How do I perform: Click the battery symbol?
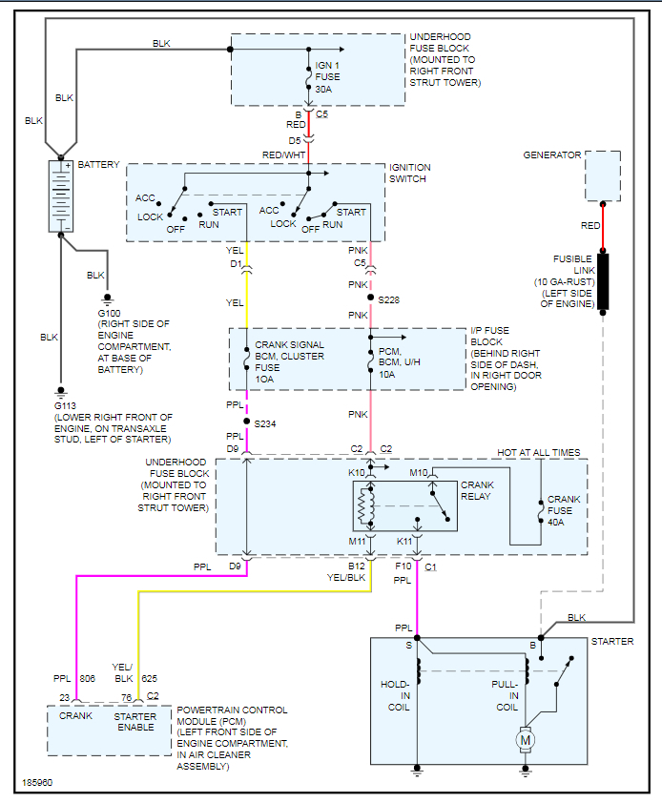click(x=60, y=196)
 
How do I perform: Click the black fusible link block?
click(x=603, y=280)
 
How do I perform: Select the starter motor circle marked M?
click(x=526, y=739)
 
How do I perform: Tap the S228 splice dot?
click(x=370, y=298)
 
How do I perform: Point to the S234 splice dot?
click(x=246, y=422)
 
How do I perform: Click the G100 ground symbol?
click(x=107, y=299)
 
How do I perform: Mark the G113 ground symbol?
click(x=61, y=393)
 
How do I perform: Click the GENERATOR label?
click(x=552, y=155)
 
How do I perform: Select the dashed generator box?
click(x=603, y=175)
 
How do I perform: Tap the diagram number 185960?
click(x=37, y=783)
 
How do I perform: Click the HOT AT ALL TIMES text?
click(x=539, y=453)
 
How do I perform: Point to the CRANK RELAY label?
click(x=477, y=490)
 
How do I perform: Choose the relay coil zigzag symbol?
click(x=366, y=506)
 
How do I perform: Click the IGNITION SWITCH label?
click(x=410, y=174)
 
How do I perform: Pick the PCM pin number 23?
click(x=64, y=697)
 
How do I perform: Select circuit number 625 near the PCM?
click(x=149, y=679)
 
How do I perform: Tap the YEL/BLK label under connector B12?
click(x=346, y=578)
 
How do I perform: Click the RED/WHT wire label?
click(x=284, y=155)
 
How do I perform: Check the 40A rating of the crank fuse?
click(x=556, y=523)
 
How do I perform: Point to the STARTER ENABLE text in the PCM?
click(x=135, y=722)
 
